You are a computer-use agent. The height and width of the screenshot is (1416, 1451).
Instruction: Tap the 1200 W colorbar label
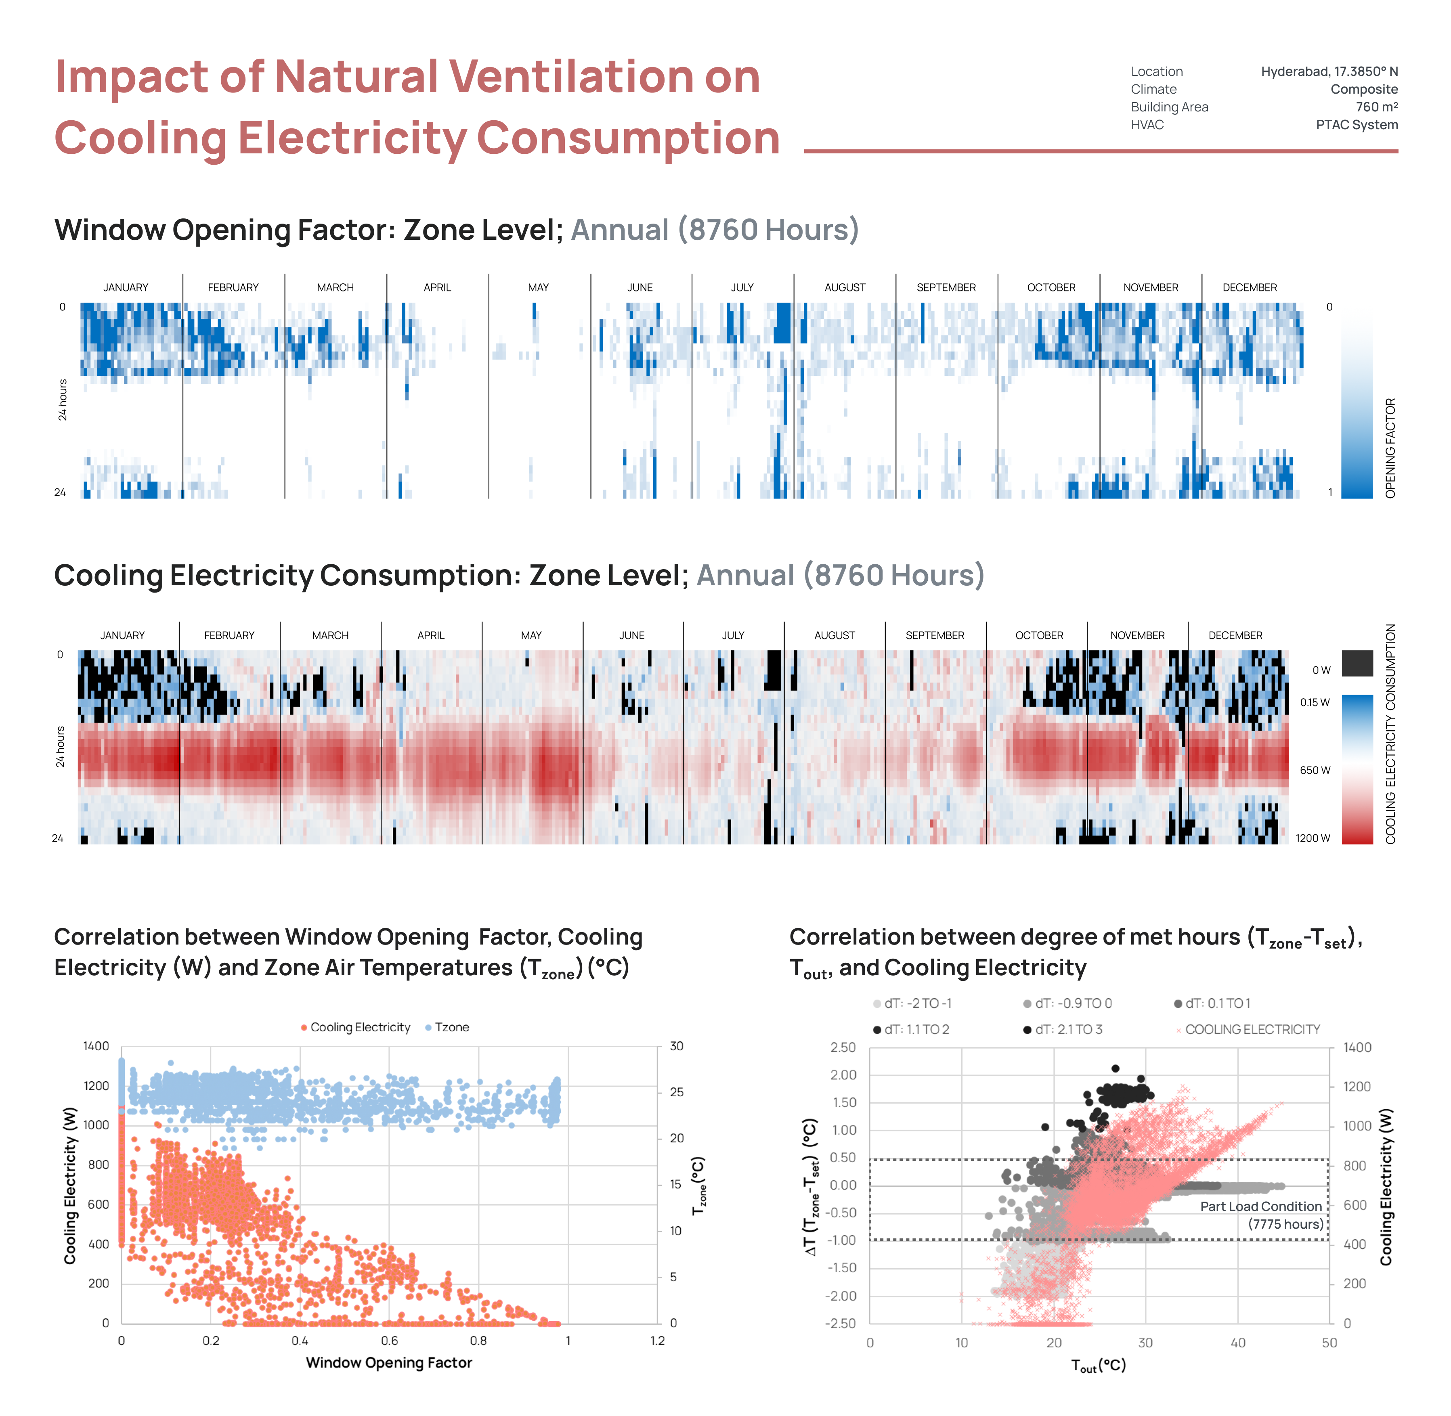(x=1313, y=838)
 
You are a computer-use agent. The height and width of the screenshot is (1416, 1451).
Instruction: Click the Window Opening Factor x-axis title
(x=389, y=1362)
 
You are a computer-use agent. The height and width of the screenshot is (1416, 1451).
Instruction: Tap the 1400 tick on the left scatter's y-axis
(x=96, y=1046)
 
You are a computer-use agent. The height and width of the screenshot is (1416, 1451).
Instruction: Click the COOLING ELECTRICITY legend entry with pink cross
(x=1252, y=1029)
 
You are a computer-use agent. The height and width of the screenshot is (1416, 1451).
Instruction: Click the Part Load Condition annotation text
(x=1260, y=1206)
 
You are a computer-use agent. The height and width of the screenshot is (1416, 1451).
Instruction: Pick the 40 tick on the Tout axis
(x=1237, y=1343)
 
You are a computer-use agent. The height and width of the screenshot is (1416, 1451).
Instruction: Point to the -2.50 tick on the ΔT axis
(x=842, y=1323)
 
